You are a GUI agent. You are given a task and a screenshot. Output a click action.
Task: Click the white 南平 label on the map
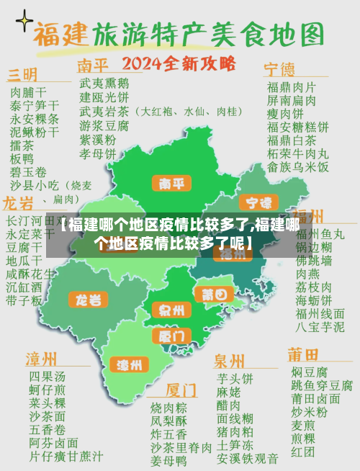click(x=171, y=183)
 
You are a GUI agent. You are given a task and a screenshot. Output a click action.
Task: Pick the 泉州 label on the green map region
click(x=171, y=311)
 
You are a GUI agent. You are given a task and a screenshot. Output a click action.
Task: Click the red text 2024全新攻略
click(x=179, y=63)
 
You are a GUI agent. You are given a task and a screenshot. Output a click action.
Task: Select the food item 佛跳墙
click(x=314, y=260)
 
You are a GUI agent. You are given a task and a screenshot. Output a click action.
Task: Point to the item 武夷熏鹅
click(x=104, y=83)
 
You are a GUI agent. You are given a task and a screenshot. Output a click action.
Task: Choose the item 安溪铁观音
click(x=248, y=457)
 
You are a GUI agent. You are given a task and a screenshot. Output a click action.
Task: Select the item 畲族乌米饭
click(x=297, y=167)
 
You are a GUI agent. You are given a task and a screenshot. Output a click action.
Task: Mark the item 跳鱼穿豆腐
click(x=322, y=385)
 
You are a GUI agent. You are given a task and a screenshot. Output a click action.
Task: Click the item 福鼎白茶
click(x=292, y=140)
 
